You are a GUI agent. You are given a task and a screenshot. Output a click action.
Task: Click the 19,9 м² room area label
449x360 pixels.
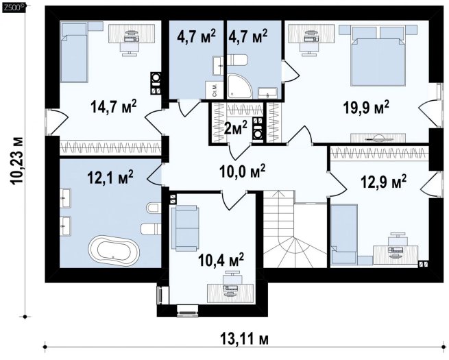pyautogui.click(x=366, y=108)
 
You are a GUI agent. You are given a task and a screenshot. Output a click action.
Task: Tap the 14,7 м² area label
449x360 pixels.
pyautogui.click(x=114, y=106)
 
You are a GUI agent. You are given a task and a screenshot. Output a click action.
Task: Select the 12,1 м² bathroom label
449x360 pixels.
pyautogui.click(x=110, y=178)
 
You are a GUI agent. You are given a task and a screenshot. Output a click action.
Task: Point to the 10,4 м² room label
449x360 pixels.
pyautogui.click(x=221, y=260)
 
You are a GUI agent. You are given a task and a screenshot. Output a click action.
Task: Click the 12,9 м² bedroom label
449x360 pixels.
pyautogui.click(x=383, y=182)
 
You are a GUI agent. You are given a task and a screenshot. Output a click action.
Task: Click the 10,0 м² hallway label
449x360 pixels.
pyautogui.click(x=242, y=171)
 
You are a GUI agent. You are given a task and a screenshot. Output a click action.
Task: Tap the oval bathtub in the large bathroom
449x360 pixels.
pyautogui.click(x=114, y=248)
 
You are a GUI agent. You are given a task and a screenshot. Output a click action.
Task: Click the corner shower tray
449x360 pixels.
pyautogui.click(x=240, y=86)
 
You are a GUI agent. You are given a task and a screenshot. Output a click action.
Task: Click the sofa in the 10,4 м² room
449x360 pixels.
pyautogui.click(x=184, y=228)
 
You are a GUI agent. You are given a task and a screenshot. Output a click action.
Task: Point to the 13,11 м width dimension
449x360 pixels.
pyautogui.click(x=245, y=339)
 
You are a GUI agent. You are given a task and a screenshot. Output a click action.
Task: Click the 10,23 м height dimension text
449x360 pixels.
pyautogui.click(x=17, y=160)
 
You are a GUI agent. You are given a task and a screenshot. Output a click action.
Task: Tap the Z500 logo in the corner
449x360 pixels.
pyautogui.click(x=14, y=8)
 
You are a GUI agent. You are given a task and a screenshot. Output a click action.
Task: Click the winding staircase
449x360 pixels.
pyautogui.click(x=295, y=229)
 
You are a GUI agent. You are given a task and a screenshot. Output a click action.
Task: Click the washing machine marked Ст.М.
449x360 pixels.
pyautogui.click(x=214, y=91)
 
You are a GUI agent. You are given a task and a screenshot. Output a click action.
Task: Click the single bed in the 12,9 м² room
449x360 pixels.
pyautogui.click(x=344, y=234)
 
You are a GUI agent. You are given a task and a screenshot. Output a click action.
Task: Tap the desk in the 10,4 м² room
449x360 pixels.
pyautogui.click(x=230, y=293)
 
